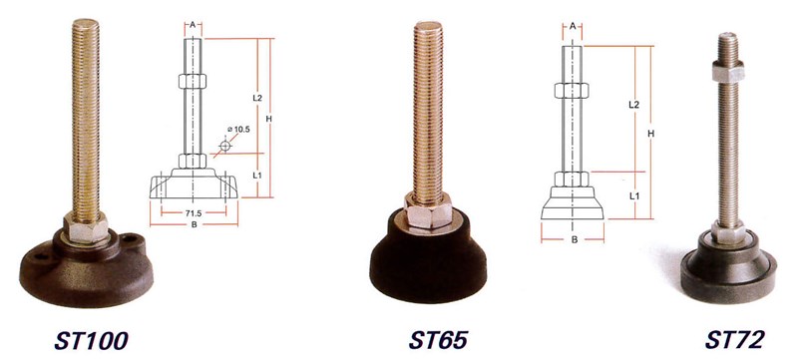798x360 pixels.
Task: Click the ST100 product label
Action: (x=91, y=341)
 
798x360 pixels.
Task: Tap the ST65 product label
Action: (x=438, y=340)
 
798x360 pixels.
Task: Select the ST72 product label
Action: (x=734, y=340)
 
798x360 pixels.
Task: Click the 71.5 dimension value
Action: (x=194, y=213)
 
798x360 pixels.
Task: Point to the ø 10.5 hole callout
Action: (x=238, y=130)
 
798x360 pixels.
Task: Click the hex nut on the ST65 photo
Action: (x=428, y=209)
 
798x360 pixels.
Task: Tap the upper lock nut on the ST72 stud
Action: (x=728, y=70)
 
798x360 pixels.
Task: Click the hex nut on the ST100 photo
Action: (x=86, y=227)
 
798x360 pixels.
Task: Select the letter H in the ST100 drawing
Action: (x=269, y=119)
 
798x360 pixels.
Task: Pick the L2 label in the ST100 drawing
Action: (x=257, y=98)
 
